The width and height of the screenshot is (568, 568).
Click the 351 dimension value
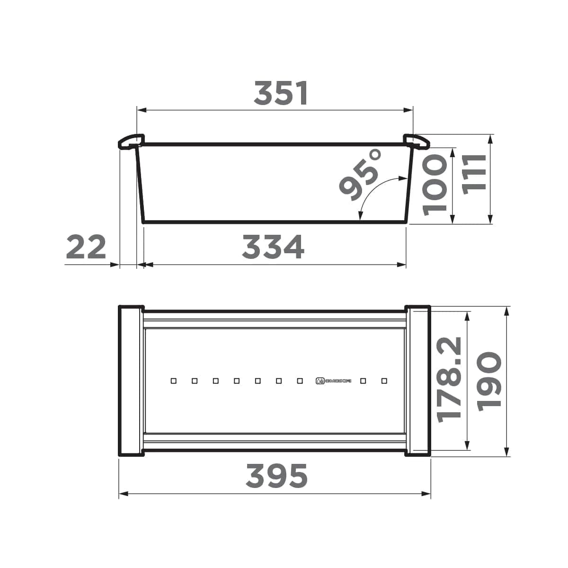[281, 93]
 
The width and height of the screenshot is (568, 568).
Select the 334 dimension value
[273, 247]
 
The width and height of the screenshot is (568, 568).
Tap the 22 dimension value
[86, 247]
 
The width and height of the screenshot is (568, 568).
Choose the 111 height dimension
[474, 172]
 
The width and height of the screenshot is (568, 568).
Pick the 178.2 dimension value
[449, 379]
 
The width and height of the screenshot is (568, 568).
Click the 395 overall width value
[277, 476]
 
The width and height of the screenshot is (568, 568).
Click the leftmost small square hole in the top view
[174, 381]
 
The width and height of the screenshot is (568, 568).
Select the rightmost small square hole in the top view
[384, 381]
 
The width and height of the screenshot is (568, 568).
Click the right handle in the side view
[417, 141]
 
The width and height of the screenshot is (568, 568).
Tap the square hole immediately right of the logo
[363, 381]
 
